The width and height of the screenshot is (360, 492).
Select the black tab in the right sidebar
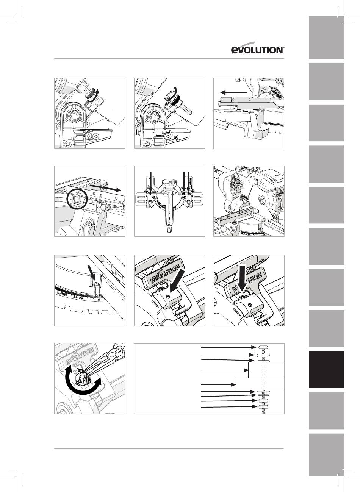pos(326,370)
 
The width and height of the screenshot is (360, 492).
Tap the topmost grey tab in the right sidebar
pos(326,37)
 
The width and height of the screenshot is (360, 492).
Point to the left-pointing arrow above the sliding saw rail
pos(234,92)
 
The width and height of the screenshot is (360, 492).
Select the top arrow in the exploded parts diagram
pos(229,347)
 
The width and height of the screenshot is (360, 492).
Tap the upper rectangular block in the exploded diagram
pos(266,370)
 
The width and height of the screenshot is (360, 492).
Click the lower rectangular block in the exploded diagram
pos(260,384)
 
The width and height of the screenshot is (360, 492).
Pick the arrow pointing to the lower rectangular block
pos(219,384)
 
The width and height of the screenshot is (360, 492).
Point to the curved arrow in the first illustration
pos(93,96)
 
